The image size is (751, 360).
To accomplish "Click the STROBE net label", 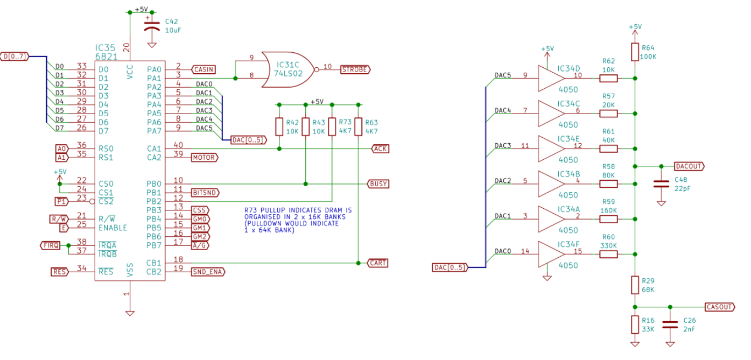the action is tap(355, 69).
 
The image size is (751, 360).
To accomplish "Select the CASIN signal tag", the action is tap(203, 69).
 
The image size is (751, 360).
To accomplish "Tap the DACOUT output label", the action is tap(689, 166).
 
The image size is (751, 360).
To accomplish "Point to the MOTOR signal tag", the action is tap(205, 158).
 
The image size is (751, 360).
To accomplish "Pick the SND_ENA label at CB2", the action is tap(208, 272).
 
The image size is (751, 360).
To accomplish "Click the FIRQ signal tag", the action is tap(50, 245).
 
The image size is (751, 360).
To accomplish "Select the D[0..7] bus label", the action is tap(15, 57).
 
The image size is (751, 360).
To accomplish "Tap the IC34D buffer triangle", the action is tap(551, 79).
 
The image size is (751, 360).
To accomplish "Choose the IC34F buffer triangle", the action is tap(551, 255).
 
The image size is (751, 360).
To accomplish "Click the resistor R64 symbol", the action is tap(635, 52).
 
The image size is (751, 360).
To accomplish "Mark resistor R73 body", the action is tap(332, 126).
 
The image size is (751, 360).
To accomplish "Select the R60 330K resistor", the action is tap(608, 255).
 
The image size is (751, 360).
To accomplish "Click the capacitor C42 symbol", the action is tap(152, 26).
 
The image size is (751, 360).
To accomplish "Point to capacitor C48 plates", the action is tap(661, 183).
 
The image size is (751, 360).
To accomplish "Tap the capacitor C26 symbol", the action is tap(670, 324).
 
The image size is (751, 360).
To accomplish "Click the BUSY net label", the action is tap(378, 184).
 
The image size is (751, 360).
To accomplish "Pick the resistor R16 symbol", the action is tap(635, 324).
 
